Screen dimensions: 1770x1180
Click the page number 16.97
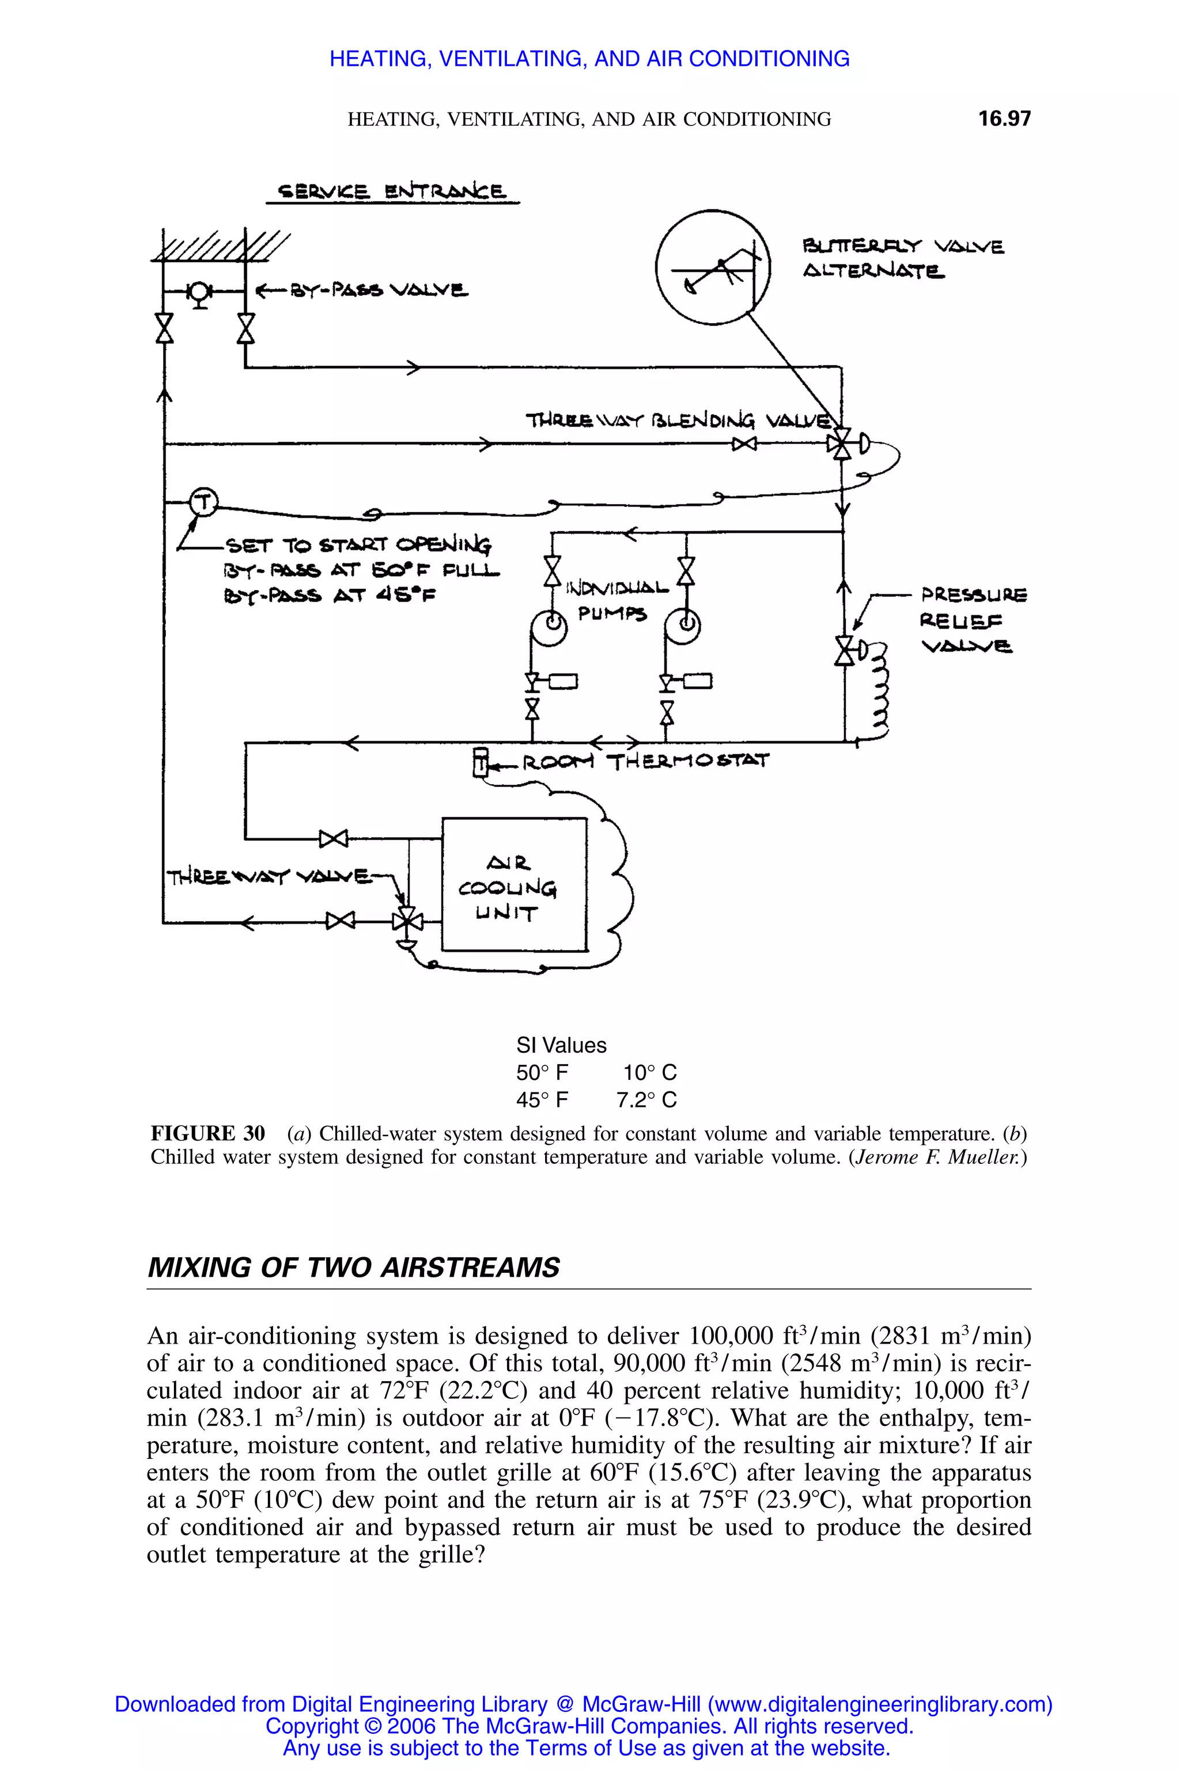coord(1004,119)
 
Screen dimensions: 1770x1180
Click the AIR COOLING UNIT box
coord(514,884)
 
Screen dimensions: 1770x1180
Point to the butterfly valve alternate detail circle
coord(712,268)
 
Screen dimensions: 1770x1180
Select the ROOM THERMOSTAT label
coord(645,762)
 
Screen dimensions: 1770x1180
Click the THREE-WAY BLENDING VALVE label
coord(679,420)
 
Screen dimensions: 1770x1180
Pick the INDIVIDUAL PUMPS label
coord(615,600)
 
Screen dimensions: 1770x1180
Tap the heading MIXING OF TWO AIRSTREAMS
coord(353,1268)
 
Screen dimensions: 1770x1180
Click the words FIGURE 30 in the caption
coord(207,1133)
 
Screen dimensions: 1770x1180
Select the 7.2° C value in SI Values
coord(646,1100)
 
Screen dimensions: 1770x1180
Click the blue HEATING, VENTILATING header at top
coord(589,59)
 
